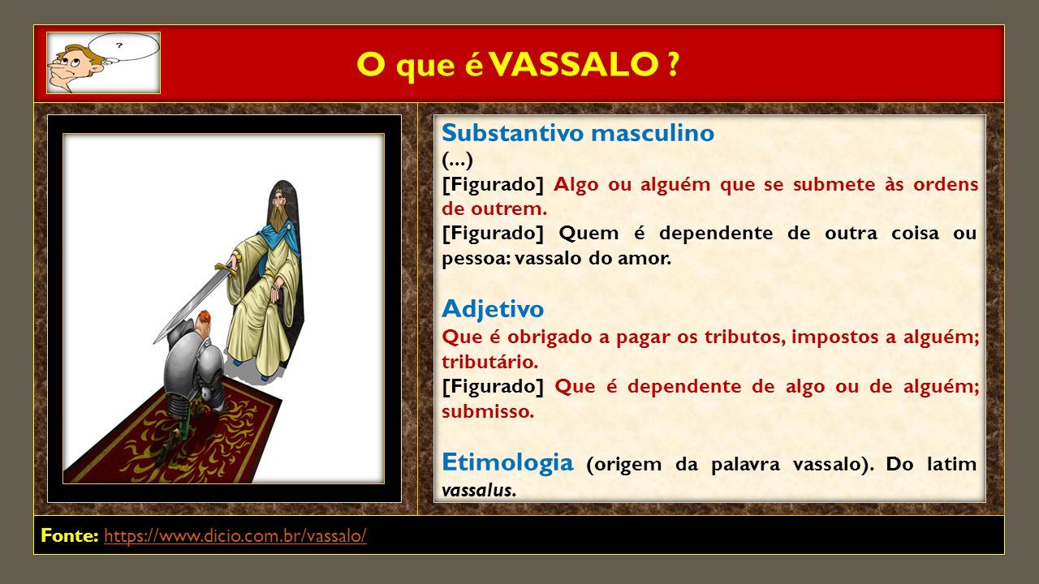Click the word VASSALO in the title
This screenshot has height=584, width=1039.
[574, 64]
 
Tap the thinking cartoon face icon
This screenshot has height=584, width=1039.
[103, 63]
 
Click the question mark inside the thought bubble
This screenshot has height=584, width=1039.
[119, 45]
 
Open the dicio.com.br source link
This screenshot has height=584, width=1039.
[235, 536]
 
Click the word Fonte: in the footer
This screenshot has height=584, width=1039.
[70, 535]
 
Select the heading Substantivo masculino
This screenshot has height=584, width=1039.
[578, 133]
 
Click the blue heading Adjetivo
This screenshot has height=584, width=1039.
[493, 309]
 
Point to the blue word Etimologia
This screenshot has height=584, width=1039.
[507, 462]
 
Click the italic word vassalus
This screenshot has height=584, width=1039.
[479, 491]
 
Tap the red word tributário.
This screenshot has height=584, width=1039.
[489, 362]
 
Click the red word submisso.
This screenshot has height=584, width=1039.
[488, 411]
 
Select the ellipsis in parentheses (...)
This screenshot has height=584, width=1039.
[457, 161]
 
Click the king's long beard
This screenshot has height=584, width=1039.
[278, 218]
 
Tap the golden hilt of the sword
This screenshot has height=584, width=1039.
[226, 268]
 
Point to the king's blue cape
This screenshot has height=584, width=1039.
[278, 238]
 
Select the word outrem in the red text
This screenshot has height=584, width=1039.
[509, 209]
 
